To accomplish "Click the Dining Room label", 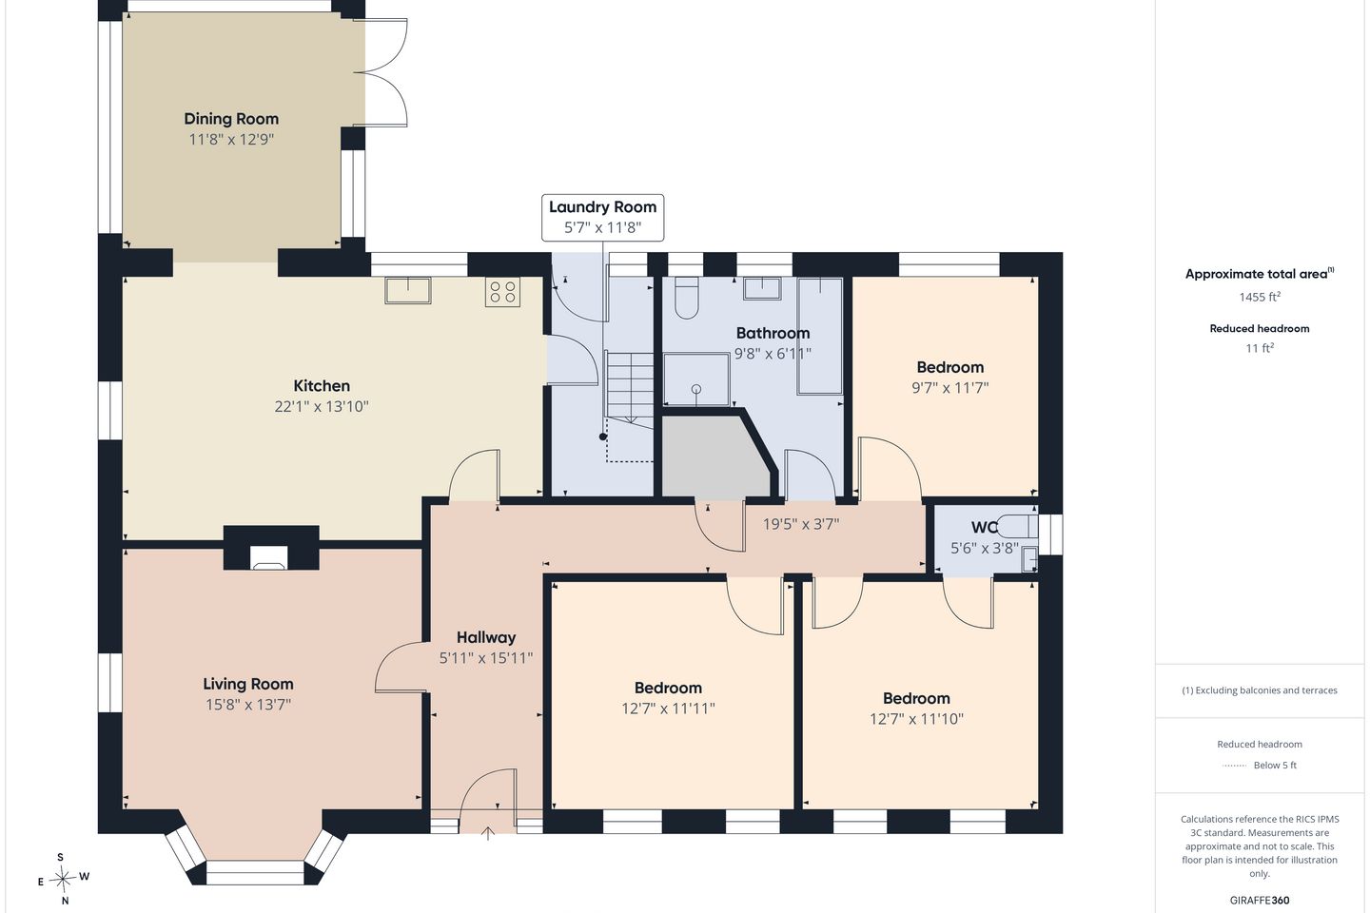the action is click(231, 119).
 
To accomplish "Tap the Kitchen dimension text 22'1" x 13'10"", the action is click(322, 407).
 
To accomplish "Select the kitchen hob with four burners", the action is click(502, 292).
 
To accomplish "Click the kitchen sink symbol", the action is click(408, 290).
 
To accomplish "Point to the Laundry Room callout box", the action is click(602, 218).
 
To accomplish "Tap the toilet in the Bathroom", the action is click(687, 298).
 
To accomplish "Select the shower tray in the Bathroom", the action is click(696, 379).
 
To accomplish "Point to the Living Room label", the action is click(248, 684).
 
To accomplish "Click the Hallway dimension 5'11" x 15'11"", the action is click(486, 658).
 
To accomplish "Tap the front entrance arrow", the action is click(487, 833).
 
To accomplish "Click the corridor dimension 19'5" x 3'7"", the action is click(801, 524).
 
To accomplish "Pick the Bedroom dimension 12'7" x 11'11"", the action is click(669, 709).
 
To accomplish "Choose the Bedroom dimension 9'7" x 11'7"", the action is click(950, 388).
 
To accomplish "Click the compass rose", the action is click(63, 880).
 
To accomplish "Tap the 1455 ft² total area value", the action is click(1260, 297).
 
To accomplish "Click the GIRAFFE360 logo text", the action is click(1260, 900).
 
